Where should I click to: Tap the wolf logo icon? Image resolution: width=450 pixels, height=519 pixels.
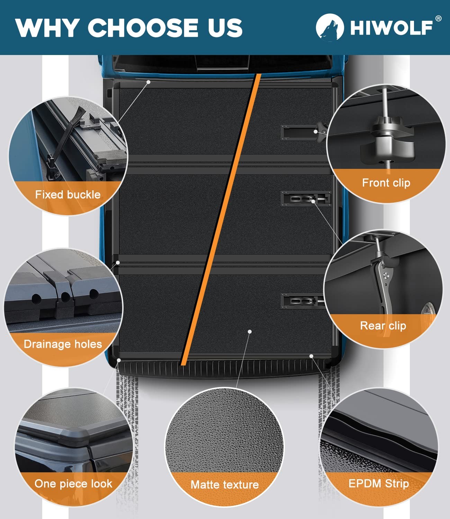[x=330, y=27]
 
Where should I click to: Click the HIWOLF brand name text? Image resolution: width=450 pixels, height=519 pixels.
[x=391, y=28]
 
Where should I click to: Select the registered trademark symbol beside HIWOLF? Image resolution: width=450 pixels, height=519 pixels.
[x=438, y=19]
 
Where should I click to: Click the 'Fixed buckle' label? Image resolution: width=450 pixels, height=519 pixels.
[x=68, y=194]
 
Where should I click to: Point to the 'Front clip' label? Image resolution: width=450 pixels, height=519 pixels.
[x=386, y=183]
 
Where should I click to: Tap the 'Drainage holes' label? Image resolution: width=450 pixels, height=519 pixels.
[x=63, y=344]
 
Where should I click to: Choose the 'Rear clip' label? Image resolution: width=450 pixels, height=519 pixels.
[x=383, y=326]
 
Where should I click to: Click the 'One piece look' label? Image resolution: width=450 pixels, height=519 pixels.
[x=73, y=484]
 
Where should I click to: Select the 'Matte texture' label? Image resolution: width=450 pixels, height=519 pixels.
[x=225, y=484]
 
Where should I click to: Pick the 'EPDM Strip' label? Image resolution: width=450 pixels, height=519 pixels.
[x=379, y=483]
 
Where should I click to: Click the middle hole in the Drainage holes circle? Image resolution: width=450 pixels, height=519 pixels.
[x=66, y=297]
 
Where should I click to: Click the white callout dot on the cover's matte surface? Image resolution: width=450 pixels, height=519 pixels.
[x=250, y=332]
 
